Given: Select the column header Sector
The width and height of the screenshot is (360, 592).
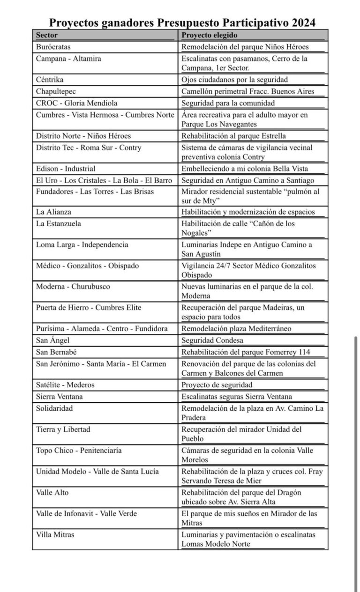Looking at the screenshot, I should pos(47,35).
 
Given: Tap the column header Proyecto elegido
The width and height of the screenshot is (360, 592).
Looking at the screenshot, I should pos(210,35).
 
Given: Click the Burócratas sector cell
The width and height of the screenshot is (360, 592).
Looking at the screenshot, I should pos(54,47).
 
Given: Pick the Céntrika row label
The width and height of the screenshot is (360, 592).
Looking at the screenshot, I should pos(50,80).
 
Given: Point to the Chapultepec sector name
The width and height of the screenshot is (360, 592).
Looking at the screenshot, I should pos(56,91).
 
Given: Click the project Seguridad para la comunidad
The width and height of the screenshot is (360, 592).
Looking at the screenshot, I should pos(228,103).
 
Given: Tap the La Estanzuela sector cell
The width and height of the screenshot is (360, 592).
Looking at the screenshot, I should pos(59,223).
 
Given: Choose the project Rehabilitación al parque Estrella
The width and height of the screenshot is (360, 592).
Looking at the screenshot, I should pos(233,136).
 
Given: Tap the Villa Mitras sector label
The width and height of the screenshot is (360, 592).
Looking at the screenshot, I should pos(55,534).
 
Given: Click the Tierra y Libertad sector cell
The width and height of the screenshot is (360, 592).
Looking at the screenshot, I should pos(63,429).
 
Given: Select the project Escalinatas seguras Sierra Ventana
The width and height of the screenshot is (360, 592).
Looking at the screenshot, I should pos(237,397).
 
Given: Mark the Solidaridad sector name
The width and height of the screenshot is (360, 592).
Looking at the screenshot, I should pos(54,408).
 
